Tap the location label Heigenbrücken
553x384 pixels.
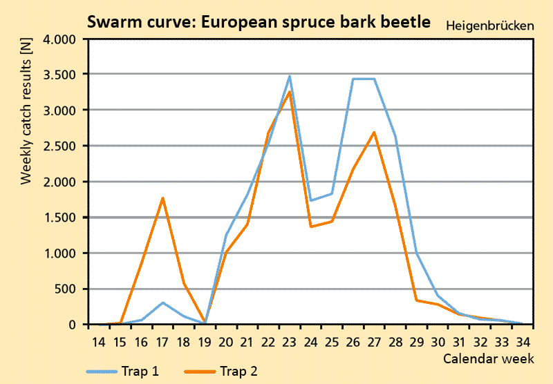[x=490, y=26]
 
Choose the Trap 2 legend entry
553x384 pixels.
[x=222, y=372]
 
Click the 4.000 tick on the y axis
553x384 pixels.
[x=59, y=39]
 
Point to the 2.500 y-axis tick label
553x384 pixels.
[x=59, y=146]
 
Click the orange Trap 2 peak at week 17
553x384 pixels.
[x=162, y=198]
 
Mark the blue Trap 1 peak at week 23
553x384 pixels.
[x=290, y=76]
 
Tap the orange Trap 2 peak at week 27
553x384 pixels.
[x=374, y=132]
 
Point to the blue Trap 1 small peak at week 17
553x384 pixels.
[x=162, y=303]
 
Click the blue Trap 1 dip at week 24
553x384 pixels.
[x=311, y=200]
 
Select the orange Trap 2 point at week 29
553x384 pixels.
[x=417, y=300]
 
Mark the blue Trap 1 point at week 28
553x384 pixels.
[x=395, y=137]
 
